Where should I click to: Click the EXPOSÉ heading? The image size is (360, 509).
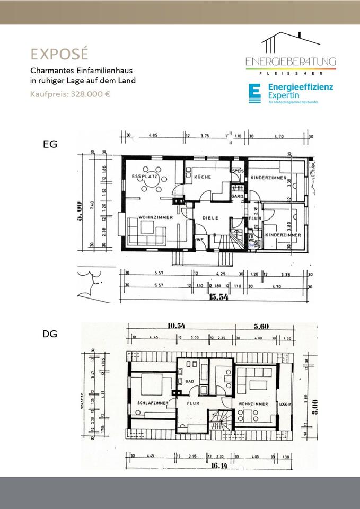(x=58, y=54)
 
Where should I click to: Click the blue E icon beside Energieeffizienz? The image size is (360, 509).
(x=255, y=93)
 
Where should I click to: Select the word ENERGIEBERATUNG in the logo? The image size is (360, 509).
(x=291, y=63)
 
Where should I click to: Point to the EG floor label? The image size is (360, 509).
(x=50, y=144)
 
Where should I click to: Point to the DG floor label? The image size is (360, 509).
(x=49, y=335)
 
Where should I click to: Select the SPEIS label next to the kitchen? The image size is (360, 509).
(x=237, y=171)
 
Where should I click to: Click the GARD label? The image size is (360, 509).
(x=237, y=196)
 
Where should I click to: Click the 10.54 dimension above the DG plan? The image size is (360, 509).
(x=179, y=326)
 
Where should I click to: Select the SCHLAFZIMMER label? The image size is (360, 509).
(x=153, y=403)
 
